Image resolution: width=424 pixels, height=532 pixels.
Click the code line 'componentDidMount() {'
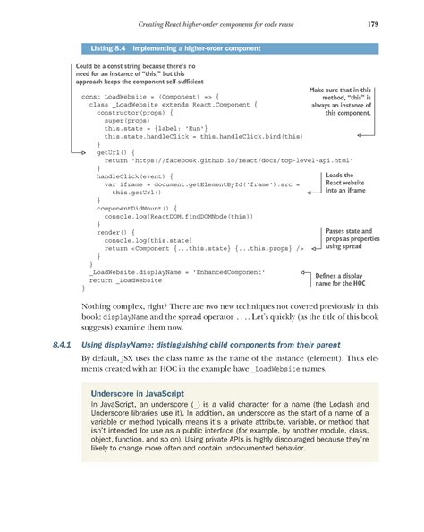tap(134, 207)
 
